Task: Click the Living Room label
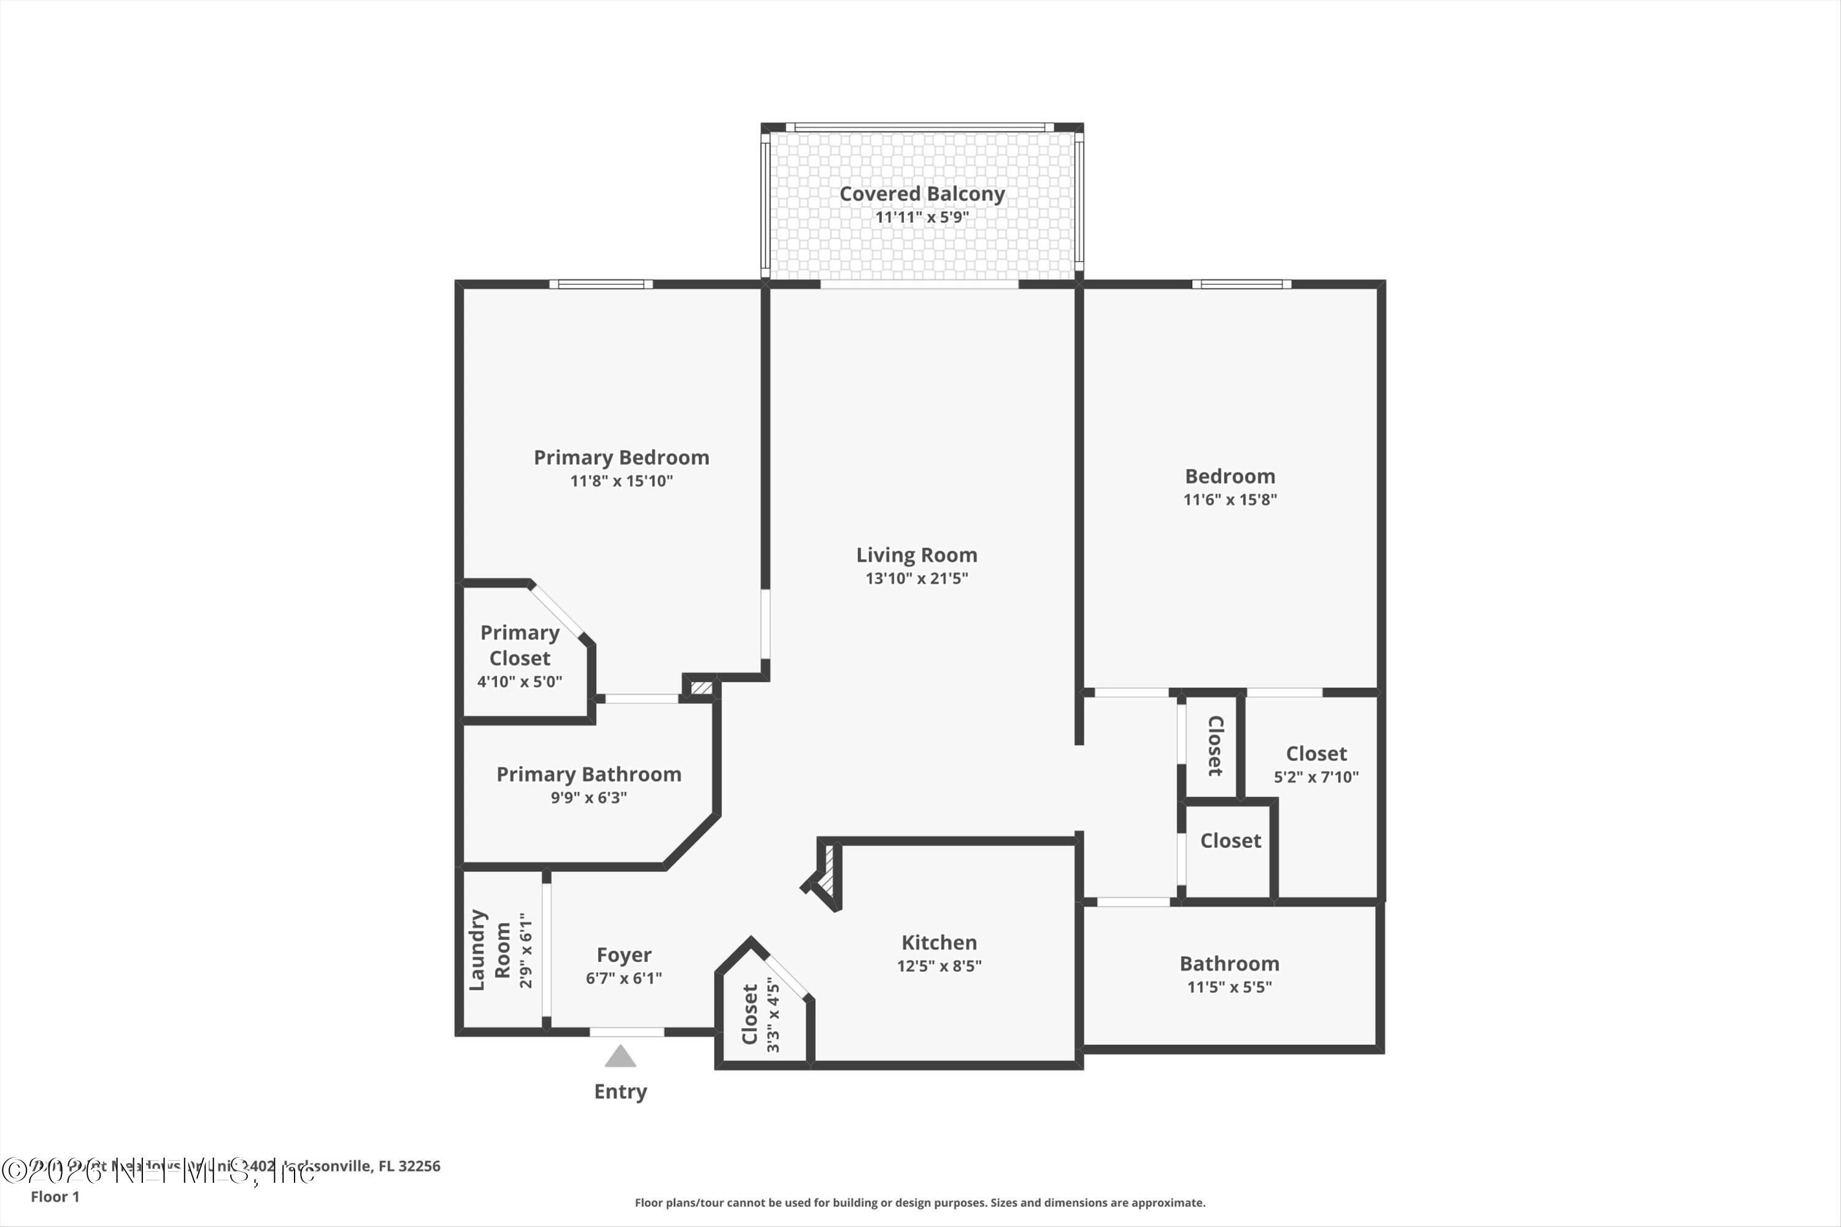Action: click(x=917, y=555)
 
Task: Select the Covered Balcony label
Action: click(x=922, y=193)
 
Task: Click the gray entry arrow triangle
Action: click(x=620, y=1057)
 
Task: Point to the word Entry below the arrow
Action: click(x=620, y=1091)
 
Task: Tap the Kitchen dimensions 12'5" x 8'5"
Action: click(x=940, y=966)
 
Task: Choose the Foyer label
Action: click(x=624, y=955)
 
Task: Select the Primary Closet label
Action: click(x=520, y=645)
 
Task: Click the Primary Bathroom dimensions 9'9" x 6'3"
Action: click(x=589, y=798)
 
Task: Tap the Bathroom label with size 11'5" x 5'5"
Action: click(x=1229, y=963)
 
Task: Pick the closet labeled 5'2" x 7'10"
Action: click(x=1316, y=753)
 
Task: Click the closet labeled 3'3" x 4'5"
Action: click(x=750, y=1014)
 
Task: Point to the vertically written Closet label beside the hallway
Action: click(x=1215, y=746)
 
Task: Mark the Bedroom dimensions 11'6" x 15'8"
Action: click(x=1230, y=499)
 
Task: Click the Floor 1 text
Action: click(x=55, y=1196)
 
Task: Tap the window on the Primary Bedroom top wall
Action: click(x=601, y=284)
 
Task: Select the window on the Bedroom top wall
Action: click(x=1241, y=284)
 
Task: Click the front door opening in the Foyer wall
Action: click(x=627, y=1032)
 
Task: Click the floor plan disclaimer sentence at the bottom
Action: click(x=920, y=1202)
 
